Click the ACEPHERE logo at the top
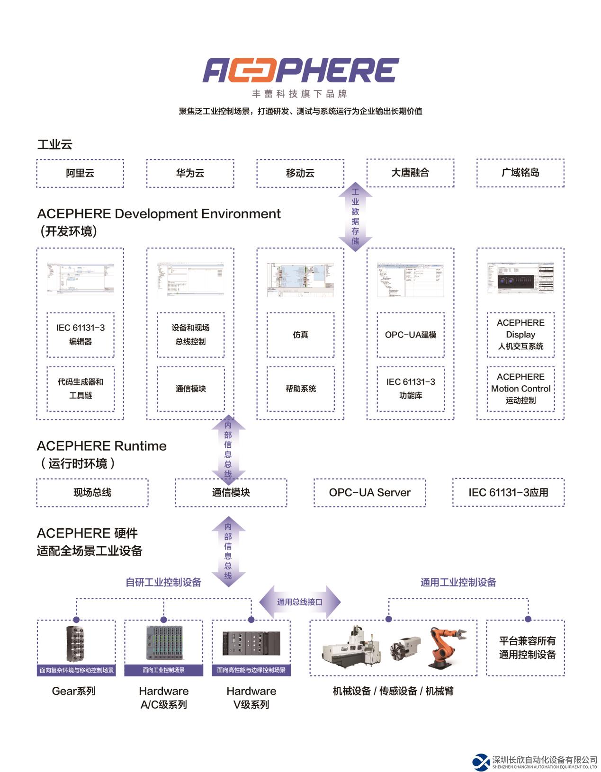pos(301,71)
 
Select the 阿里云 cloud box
pos(80,173)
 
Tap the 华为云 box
pos(190,173)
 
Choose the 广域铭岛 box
pos(520,173)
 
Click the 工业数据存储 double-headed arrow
pos(355,217)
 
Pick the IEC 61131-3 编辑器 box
pos(81,335)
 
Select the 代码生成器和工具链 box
pos(81,389)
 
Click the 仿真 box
pos(300,335)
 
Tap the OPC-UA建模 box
pos(410,335)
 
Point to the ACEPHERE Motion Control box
pos(520,389)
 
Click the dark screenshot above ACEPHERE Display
pos(520,278)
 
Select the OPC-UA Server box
pos(369,493)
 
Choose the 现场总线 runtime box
pos(92,493)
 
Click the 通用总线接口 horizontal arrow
pos(300,602)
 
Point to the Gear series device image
pos(76,644)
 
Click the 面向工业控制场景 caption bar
pos(163,670)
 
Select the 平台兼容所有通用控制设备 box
pos(527,648)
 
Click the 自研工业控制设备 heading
pos(163,582)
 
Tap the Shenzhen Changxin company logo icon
pos(481,762)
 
